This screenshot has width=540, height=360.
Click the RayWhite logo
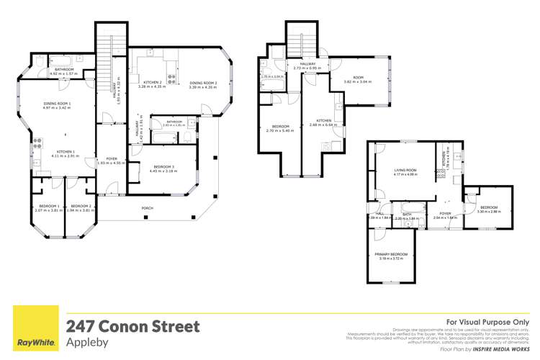(x=33, y=328)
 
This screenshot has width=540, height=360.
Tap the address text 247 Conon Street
(x=132, y=326)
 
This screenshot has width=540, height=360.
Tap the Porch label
(x=148, y=208)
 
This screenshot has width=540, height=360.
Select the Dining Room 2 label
(x=202, y=84)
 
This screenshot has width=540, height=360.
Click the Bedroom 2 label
(x=81, y=208)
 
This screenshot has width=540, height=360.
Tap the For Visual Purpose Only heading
(x=487, y=322)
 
